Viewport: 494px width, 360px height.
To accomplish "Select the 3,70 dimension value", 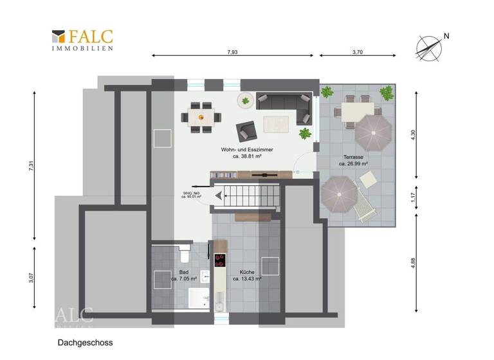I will (x=358, y=52).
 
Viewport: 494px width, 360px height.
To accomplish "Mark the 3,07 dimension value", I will (x=31, y=279).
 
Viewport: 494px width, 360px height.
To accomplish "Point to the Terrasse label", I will (x=353, y=160).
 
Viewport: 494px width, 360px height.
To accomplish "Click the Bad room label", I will (x=175, y=276).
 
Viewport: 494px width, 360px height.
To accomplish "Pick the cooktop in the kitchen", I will (x=221, y=261).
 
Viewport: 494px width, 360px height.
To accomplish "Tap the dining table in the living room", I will (x=201, y=117).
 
